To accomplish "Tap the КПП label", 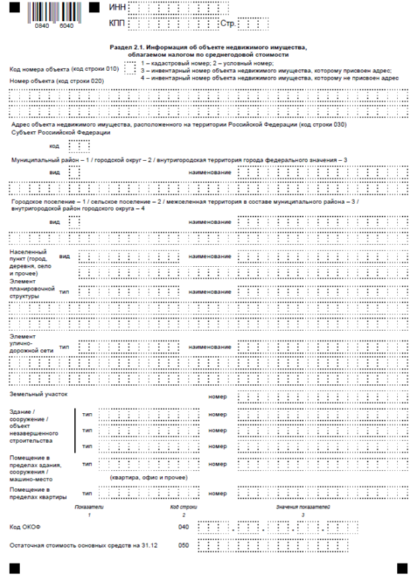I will (117, 24).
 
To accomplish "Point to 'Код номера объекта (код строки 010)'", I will (63, 69).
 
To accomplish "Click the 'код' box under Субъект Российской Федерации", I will (79, 145).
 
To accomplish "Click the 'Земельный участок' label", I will (38, 395).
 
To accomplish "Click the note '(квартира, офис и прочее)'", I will (147, 477).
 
